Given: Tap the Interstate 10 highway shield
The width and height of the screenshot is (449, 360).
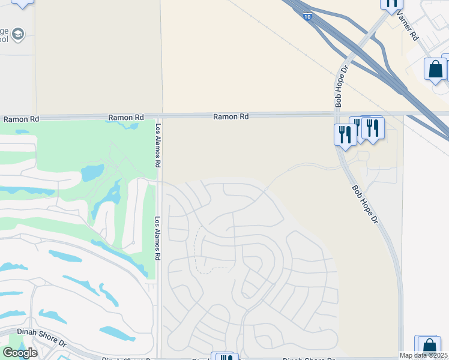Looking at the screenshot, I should pyautogui.click(x=308, y=17).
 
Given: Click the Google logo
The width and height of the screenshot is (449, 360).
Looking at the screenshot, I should pyautogui.click(x=20, y=353).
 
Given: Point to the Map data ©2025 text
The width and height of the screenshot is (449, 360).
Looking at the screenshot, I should pyautogui.click(x=424, y=355).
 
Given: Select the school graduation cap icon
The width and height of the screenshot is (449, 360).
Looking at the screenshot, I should pyautogui.click(x=18, y=33).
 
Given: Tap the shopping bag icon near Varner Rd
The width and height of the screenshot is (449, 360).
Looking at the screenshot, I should pyautogui.click(x=435, y=69).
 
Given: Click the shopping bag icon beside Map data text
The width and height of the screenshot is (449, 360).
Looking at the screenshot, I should pyautogui.click(x=429, y=346).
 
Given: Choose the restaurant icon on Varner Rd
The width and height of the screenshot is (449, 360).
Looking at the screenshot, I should pyautogui.click(x=391, y=4).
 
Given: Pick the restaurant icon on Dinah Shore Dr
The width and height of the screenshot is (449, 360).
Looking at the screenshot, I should pyautogui.click(x=224, y=358).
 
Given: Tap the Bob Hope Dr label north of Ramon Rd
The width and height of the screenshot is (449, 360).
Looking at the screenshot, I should pyautogui.click(x=342, y=87).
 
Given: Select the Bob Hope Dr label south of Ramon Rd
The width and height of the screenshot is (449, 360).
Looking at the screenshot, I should pyautogui.click(x=365, y=204).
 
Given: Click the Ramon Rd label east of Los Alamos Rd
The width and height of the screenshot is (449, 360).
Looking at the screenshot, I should pyautogui.click(x=231, y=117).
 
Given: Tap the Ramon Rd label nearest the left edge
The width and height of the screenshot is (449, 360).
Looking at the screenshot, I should pyautogui.click(x=21, y=119).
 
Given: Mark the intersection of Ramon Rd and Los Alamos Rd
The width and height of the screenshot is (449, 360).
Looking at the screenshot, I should pyautogui.click(x=158, y=115).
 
